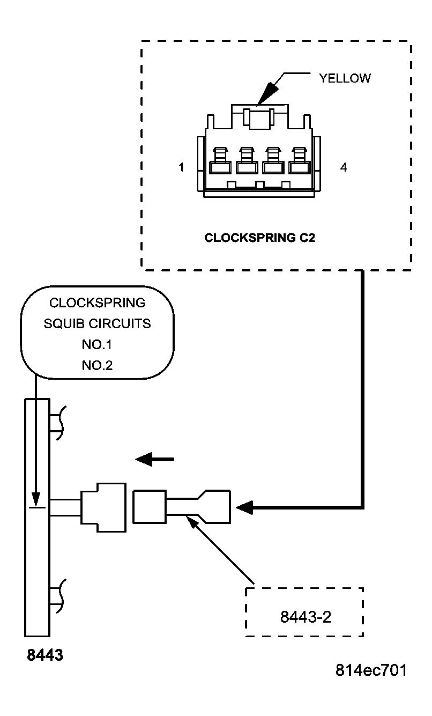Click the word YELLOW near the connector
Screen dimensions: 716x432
[x=345, y=78]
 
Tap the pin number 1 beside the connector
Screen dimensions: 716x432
[x=182, y=168]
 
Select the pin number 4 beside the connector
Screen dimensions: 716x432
[x=344, y=168]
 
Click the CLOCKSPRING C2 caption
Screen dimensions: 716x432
[x=260, y=238]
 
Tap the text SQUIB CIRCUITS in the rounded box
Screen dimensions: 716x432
[x=97, y=323]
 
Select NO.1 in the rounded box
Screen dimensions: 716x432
[x=97, y=344]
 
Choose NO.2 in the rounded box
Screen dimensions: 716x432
[x=97, y=365]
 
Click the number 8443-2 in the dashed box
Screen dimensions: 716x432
[x=306, y=617]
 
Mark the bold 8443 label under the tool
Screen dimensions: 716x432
[x=45, y=655]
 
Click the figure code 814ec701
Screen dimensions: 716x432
[x=370, y=670]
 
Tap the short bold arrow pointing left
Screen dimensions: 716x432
[x=154, y=459]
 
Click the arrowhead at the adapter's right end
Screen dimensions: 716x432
[x=245, y=507]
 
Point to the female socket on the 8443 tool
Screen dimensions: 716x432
[x=103, y=507]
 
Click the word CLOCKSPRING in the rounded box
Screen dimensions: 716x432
[x=97, y=302]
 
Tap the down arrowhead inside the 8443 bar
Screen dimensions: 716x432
[x=36, y=499]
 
